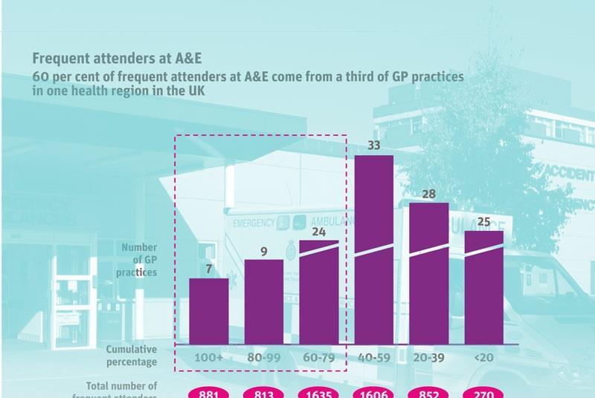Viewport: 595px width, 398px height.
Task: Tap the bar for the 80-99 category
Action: (x=264, y=301)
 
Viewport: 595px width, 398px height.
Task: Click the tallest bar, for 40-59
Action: (x=374, y=249)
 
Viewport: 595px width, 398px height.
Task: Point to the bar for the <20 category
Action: (x=484, y=287)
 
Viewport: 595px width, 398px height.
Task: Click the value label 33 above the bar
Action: (x=374, y=145)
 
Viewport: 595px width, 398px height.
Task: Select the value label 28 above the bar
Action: (x=429, y=193)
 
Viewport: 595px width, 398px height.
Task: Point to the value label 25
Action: (x=484, y=221)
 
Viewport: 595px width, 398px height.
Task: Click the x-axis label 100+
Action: (x=209, y=357)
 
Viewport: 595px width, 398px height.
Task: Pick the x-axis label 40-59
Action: (x=374, y=357)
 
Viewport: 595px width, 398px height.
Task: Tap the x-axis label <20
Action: (x=484, y=357)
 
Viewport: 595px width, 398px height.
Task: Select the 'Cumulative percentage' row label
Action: (x=131, y=356)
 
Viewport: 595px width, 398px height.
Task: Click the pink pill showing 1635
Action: (x=319, y=392)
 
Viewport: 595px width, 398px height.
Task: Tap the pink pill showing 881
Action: (x=209, y=392)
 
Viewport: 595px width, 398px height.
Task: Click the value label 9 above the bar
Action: (x=263, y=252)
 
